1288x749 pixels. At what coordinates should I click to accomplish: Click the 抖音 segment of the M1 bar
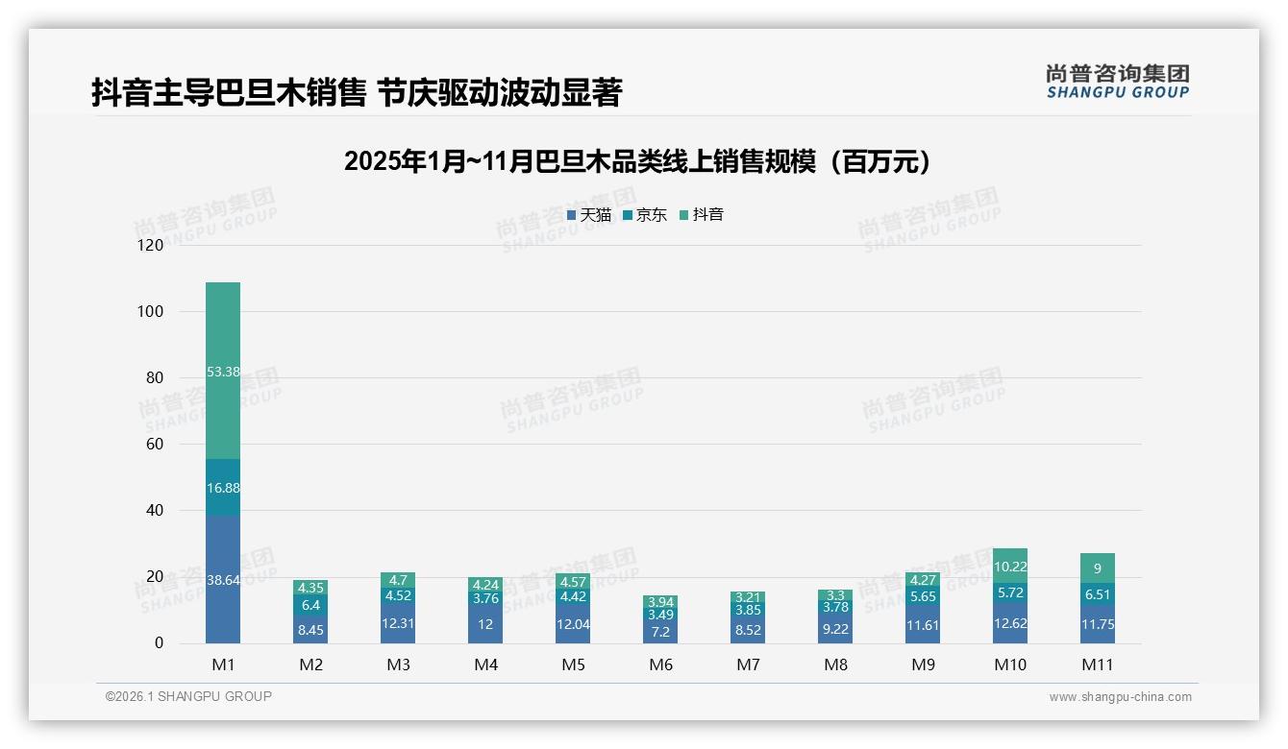point(223,372)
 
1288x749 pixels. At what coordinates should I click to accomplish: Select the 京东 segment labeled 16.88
point(223,488)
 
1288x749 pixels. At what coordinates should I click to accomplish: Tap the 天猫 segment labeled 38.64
point(223,580)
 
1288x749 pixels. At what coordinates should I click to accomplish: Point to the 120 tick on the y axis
point(151,246)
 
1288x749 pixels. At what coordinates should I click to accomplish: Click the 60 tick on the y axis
point(155,445)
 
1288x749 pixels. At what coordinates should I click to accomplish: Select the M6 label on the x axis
point(660,664)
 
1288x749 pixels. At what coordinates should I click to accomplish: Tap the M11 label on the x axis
point(1097,664)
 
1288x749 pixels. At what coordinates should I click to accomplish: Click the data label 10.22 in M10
point(1010,567)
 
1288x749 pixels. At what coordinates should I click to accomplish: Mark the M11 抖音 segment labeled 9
point(1098,568)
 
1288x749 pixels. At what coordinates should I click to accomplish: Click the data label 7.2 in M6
point(660,632)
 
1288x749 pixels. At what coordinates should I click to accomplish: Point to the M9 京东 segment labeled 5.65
point(923,596)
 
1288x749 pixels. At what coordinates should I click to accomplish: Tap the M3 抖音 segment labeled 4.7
point(398,580)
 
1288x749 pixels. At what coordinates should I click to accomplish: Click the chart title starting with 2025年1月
point(638,161)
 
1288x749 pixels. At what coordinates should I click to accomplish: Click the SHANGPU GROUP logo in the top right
point(1117,82)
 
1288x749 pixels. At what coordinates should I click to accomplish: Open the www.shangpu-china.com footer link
point(1120,697)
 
